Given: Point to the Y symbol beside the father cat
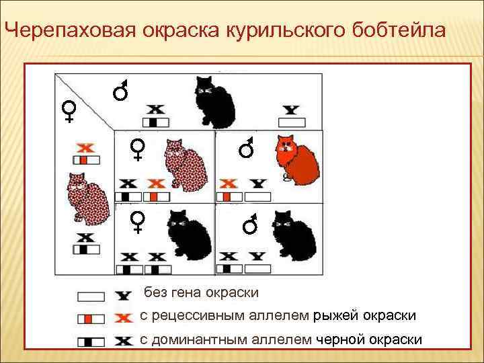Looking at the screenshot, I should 291,109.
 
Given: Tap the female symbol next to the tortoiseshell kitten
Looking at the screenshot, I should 138,149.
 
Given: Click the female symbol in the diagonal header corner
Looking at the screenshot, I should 69,112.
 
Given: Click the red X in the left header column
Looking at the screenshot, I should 85,147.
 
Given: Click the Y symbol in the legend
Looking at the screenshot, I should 123,296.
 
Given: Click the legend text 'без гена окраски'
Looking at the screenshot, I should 201,293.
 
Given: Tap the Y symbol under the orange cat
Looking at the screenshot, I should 257,183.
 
